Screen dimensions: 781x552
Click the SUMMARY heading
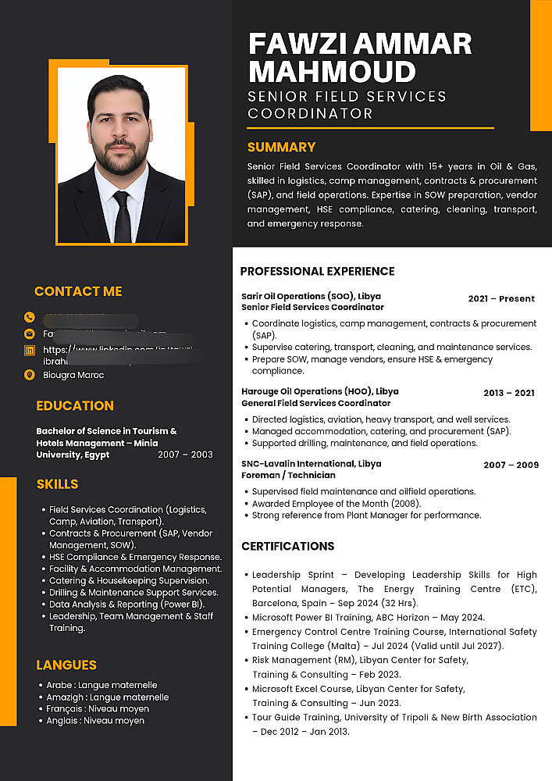pyautogui.click(x=281, y=147)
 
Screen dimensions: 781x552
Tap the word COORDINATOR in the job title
pyautogui.click(x=310, y=114)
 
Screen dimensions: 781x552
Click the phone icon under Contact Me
pyautogui.click(x=30, y=317)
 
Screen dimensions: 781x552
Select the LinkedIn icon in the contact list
pyautogui.click(x=30, y=351)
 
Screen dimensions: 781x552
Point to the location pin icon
pyautogui.click(x=30, y=375)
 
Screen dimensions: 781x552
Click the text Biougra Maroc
pyautogui.click(x=73, y=375)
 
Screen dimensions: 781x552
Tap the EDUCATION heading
pyautogui.click(x=75, y=405)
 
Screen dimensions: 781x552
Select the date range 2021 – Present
pyautogui.click(x=501, y=298)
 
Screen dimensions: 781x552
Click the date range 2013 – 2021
pyautogui.click(x=509, y=393)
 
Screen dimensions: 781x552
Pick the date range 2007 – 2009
pyautogui.click(x=511, y=465)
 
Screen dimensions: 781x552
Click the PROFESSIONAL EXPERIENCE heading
pyautogui.click(x=317, y=272)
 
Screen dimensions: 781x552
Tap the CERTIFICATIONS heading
pyautogui.click(x=287, y=546)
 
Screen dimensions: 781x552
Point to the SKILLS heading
pyautogui.click(x=57, y=484)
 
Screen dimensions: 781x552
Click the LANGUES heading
pyautogui.click(x=66, y=665)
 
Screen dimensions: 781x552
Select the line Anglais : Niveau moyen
pyautogui.click(x=95, y=721)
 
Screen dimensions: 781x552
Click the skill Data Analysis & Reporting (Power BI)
pyautogui.click(x=122, y=604)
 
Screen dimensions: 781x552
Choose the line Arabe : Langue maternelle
pyautogui.click(x=101, y=685)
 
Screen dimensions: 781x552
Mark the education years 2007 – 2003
pyautogui.click(x=185, y=455)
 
